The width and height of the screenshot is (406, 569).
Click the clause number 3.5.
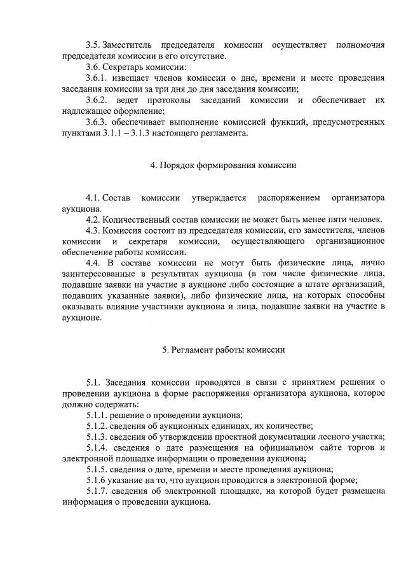pyautogui.click(x=93, y=45)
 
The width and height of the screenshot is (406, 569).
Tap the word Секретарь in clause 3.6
pyautogui.click(x=130, y=67)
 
